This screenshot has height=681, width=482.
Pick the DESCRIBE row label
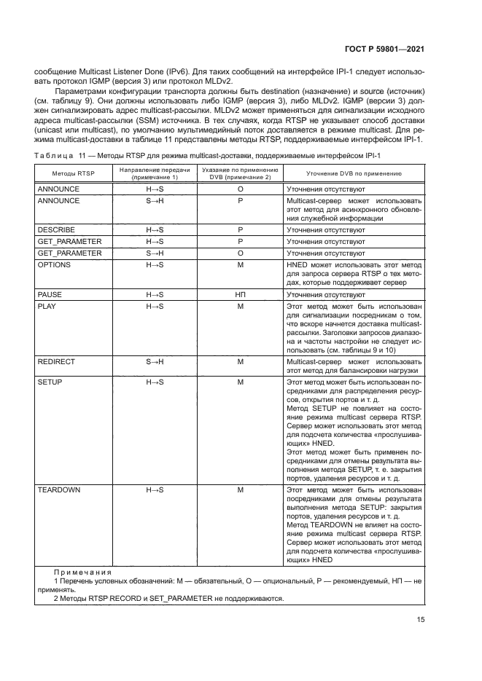[x=56, y=229]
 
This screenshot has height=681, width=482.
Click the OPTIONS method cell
[x=54, y=264]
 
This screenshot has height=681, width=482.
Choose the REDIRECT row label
[x=56, y=361]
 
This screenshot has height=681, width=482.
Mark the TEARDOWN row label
[x=59, y=490]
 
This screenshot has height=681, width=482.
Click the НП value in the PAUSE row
[x=240, y=294]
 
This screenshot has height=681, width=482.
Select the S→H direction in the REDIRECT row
[x=155, y=361]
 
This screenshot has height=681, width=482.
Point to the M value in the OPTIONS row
[x=240, y=264]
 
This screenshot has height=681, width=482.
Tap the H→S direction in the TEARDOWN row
[x=155, y=490]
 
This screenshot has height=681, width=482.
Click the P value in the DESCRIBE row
[x=240, y=229]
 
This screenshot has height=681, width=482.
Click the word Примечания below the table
[x=81, y=572]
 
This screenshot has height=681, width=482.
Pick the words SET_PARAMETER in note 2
[x=177, y=599]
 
